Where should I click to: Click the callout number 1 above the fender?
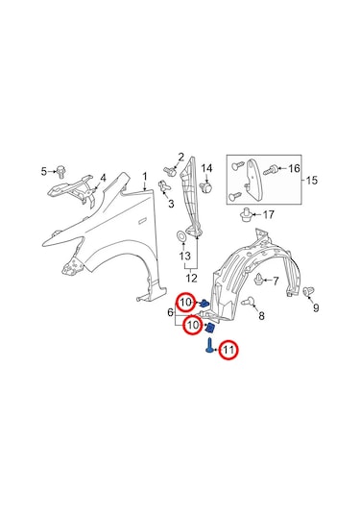[x=145, y=177]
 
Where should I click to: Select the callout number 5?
[x=44, y=171]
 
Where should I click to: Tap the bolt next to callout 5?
[x=60, y=172]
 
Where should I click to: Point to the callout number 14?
[x=206, y=168]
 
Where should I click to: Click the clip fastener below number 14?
[x=206, y=188]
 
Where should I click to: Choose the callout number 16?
[x=294, y=168]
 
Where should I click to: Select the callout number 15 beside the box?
[x=312, y=180]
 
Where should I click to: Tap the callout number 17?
[x=268, y=214]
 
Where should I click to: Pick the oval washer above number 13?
[x=181, y=235]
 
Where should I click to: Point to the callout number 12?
[x=192, y=279]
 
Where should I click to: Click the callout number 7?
[x=276, y=281]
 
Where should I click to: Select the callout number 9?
[x=316, y=307]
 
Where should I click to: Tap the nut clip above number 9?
[x=307, y=291]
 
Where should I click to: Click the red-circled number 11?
[x=228, y=350]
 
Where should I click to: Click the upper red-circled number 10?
[x=185, y=302]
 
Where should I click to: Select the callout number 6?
[x=170, y=312]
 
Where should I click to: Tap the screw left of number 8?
[x=248, y=302]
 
